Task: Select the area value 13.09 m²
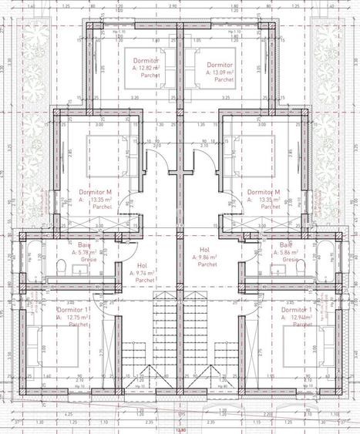tap(222, 73)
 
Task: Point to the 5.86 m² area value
tap(289, 253)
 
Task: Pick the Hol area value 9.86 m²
tap(208, 257)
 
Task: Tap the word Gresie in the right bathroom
tap(290, 260)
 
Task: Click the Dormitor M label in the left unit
tap(95, 191)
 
